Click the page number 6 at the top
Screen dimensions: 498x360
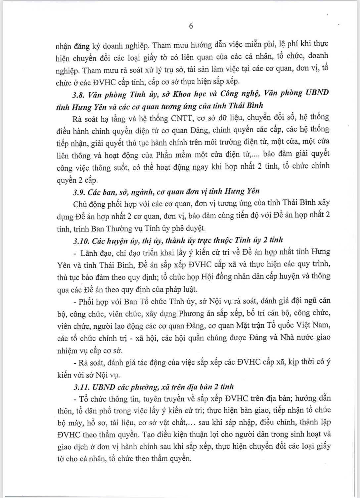191,26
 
